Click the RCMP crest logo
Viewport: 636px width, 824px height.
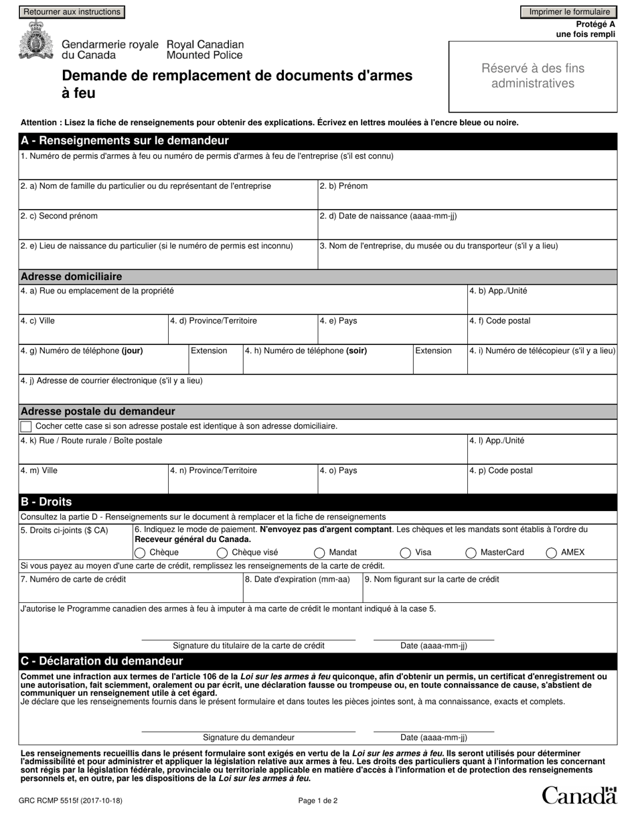(33, 42)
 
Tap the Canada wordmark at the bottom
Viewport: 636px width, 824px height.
(578, 795)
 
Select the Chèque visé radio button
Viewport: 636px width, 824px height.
(222, 553)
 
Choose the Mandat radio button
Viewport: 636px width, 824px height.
(320, 553)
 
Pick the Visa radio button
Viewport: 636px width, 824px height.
(406, 553)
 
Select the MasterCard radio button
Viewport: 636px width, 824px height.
(471, 553)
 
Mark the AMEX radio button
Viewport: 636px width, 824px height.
(552, 553)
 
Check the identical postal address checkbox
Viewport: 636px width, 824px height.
(26, 426)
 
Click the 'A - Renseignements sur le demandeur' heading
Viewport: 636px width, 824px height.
(125, 141)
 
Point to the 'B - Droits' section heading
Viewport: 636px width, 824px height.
(47, 502)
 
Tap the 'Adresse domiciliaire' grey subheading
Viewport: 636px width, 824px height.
(72, 277)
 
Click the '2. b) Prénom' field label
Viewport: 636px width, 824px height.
(343, 186)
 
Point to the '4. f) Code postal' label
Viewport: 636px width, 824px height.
(500, 321)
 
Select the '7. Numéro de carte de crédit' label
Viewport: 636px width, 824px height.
(74, 579)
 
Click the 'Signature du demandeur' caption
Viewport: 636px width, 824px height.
(248, 738)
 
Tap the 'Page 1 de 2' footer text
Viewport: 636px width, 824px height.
(318, 800)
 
